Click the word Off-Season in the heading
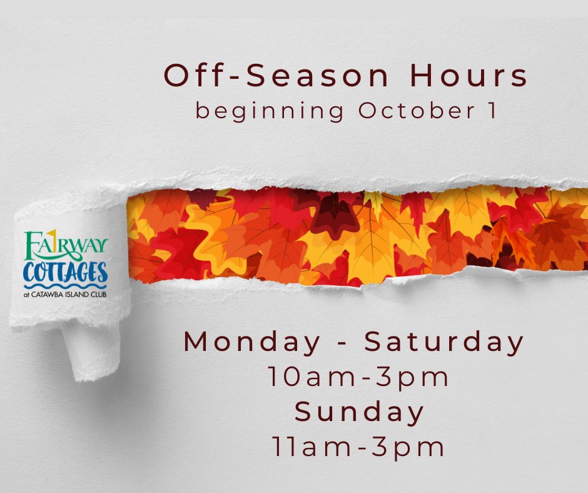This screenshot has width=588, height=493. (276, 76)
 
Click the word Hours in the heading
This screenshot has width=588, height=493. (469, 76)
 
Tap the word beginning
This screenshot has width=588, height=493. (270, 111)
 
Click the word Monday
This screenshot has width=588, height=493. (252, 342)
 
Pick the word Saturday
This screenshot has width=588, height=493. (444, 342)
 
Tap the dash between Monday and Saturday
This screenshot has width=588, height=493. (342, 343)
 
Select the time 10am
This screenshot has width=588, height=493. (312, 377)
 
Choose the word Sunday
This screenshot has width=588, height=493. (359, 412)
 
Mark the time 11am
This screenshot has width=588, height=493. (312, 447)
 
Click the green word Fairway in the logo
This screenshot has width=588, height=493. (66, 245)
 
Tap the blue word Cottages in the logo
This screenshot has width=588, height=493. (65, 272)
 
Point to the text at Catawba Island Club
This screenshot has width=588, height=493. (65, 295)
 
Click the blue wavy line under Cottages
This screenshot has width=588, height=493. (65, 285)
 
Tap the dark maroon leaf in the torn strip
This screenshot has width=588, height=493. (334, 214)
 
